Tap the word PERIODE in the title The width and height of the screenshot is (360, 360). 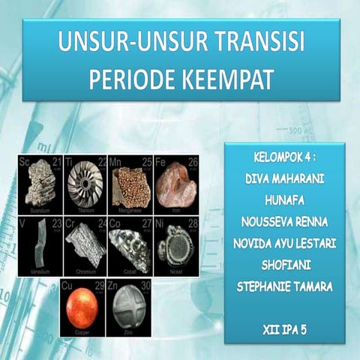[x=130, y=77]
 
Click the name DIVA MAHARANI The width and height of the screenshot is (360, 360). [x=283, y=178]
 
